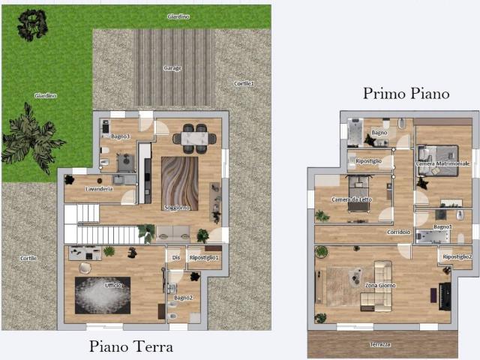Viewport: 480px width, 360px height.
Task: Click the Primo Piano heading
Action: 406,94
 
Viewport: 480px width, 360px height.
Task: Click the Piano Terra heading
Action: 131,346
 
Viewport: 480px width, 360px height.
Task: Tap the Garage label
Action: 172,68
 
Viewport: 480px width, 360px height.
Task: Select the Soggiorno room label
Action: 177,208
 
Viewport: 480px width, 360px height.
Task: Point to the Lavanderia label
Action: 99,189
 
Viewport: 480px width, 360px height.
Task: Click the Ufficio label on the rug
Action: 113,286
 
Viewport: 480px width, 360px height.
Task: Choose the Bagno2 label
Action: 184,298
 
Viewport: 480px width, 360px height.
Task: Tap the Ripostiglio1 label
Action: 204,258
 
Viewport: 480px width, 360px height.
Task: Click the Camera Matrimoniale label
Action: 442,163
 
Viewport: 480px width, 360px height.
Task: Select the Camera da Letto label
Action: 352,199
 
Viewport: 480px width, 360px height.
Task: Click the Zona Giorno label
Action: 381,286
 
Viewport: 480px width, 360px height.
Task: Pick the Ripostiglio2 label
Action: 457,256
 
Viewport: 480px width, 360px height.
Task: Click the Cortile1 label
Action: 244,83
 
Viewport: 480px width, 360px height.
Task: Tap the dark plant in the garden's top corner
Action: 31,25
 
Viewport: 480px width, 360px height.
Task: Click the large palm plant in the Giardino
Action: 31,136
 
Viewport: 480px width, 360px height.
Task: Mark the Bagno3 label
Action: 121,136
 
